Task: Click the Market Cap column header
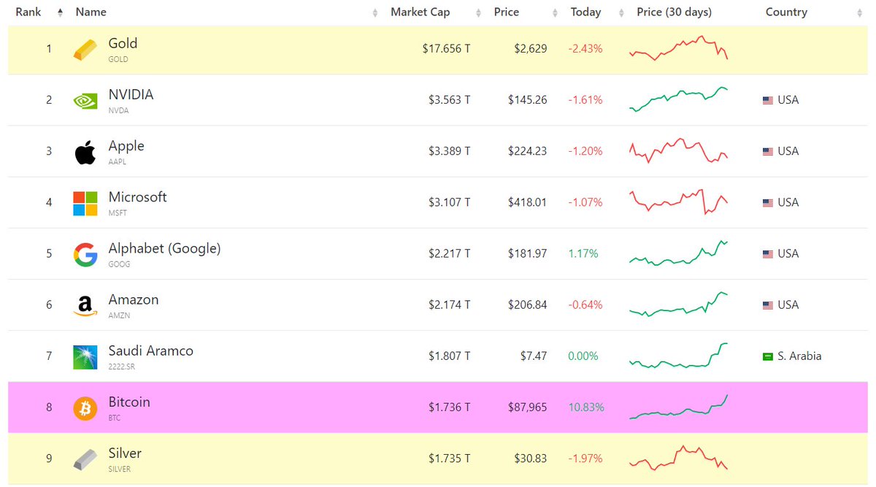(x=420, y=12)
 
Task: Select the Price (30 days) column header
(x=674, y=12)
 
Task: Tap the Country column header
(x=786, y=12)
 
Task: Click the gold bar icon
(x=85, y=50)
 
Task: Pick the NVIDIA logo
(x=85, y=101)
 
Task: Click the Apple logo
(x=85, y=152)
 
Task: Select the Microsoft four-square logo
(x=85, y=203)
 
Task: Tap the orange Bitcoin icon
(x=85, y=408)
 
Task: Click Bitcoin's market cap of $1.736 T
(x=449, y=407)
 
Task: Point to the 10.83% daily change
(x=586, y=407)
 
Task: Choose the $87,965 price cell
(x=527, y=407)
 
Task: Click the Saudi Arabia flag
(x=767, y=356)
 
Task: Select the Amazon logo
(x=85, y=306)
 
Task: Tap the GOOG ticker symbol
(x=119, y=264)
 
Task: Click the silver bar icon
(x=85, y=459)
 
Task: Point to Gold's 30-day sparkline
(x=678, y=48)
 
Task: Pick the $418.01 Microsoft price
(x=527, y=202)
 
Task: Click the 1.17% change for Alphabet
(x=583, y=253)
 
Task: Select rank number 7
(x=50, y=356)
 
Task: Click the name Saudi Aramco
(x=150, y=350)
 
